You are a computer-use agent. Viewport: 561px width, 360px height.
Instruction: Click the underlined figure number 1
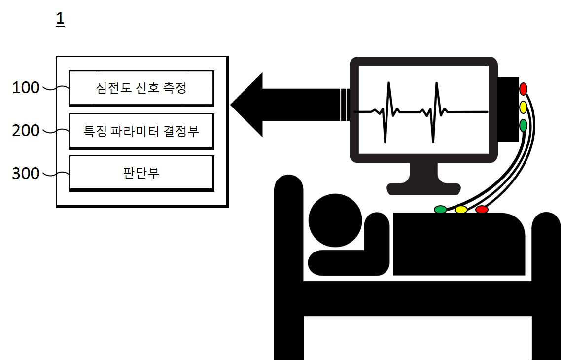coord(60,19)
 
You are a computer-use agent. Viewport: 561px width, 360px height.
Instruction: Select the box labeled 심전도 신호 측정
coord(141,88)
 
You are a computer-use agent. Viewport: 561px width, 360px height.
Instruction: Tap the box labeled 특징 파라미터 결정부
coord(141,131)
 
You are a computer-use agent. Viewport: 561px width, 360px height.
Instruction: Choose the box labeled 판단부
coord(141,173)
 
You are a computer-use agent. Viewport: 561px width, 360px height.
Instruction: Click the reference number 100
coord(26,88)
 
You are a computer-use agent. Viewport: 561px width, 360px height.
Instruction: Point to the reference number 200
coord(26,131)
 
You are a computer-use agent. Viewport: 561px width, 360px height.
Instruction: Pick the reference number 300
coord(26,174)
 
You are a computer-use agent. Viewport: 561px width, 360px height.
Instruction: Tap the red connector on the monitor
coord(523,89)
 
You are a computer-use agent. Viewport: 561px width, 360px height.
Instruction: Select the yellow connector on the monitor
coord(523,107)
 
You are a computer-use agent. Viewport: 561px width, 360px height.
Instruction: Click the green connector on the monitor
coord(523,125)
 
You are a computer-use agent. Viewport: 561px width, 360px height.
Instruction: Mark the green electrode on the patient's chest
coord(440,210)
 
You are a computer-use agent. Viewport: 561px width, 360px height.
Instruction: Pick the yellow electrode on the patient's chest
coord(461,210)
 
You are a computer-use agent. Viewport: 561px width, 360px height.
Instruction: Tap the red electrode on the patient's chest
coord(482,210)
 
